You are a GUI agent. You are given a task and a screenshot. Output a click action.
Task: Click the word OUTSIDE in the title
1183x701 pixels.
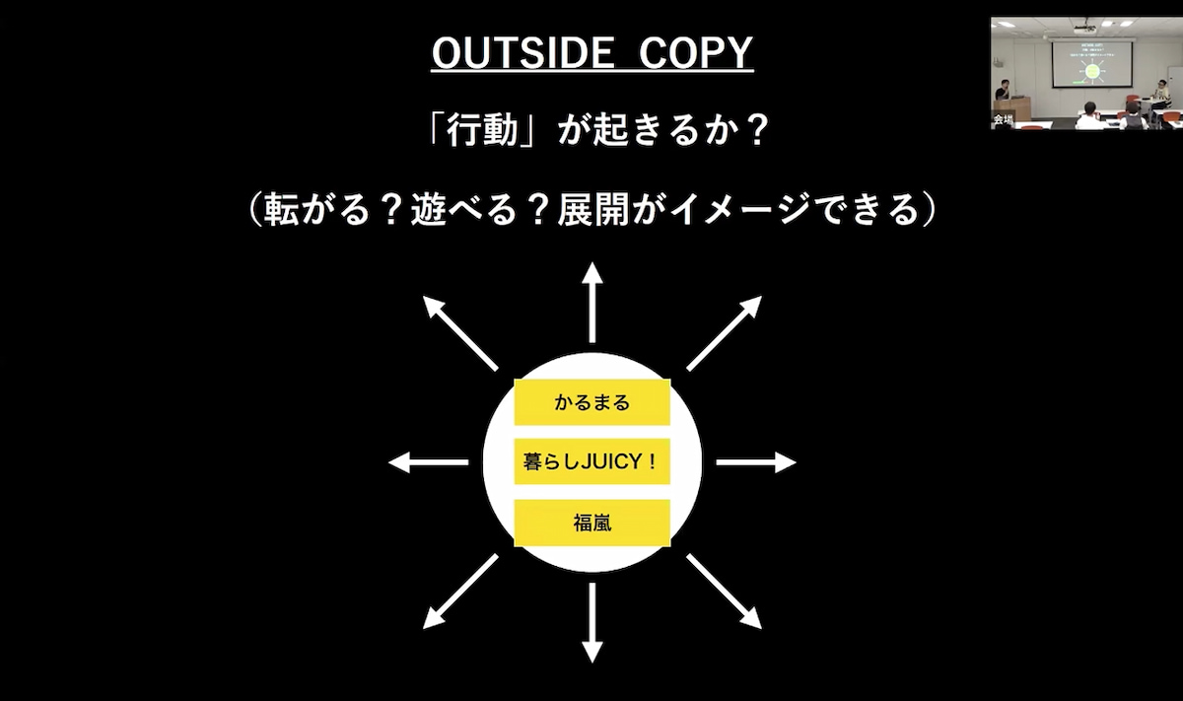pos(522,53)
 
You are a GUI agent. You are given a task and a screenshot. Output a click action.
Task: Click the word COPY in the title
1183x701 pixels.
pos(696,53)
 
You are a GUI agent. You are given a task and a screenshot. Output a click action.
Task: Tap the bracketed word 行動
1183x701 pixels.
pos(482,130)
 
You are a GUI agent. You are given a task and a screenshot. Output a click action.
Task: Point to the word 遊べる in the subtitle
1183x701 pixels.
pos(463,209)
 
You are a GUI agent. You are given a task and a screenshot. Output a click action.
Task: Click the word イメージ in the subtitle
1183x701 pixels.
pos(740,209)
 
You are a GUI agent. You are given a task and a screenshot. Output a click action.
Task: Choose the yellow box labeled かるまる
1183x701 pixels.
pos(592,402)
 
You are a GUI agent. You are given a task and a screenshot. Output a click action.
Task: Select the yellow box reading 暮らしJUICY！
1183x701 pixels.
pos(592,461)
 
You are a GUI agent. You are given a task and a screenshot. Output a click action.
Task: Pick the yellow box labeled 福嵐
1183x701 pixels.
pos(592,523)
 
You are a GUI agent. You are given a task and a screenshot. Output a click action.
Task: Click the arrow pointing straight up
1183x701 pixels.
pos(592,302)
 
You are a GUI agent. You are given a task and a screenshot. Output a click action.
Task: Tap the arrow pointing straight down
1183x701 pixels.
pos(592,623)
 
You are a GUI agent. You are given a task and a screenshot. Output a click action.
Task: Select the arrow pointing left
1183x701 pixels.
pos(428,462)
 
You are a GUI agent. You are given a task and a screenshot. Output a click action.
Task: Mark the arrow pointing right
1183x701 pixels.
pos(756,462)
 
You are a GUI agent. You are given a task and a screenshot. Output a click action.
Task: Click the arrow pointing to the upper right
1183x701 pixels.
pos(724,333)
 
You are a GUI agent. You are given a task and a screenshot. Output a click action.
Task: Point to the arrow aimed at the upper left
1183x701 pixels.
pos(460,333)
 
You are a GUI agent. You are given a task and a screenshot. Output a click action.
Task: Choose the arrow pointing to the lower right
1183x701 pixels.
pos(724,592)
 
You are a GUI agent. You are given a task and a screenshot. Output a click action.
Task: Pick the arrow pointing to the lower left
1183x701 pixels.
pos(460,592)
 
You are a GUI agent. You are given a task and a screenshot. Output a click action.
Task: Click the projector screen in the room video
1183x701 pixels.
pos(1092,64)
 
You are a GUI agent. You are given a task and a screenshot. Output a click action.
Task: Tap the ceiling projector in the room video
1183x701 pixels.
pos(1085,26)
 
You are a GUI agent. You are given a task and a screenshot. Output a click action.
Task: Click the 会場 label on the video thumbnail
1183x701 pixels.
pos(1003,120)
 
